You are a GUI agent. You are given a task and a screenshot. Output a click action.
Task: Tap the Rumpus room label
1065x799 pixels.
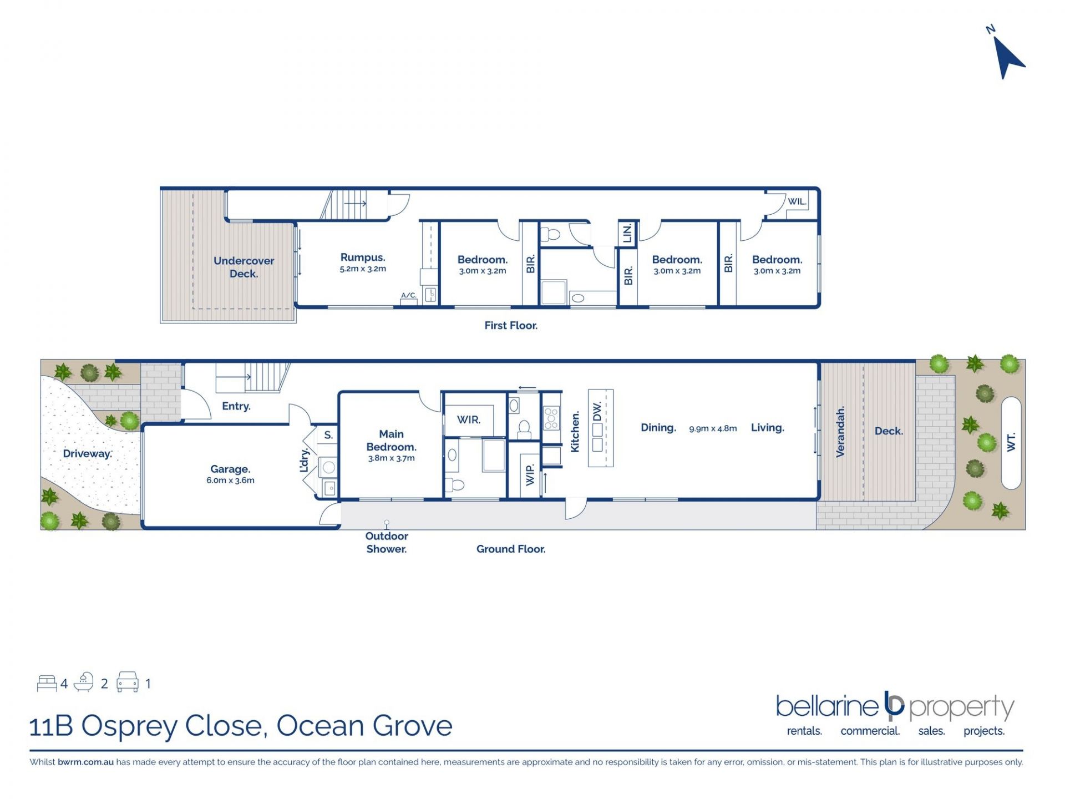(x=363, y=257)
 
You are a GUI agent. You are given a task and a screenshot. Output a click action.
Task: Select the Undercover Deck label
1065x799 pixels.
(x=244, y=267)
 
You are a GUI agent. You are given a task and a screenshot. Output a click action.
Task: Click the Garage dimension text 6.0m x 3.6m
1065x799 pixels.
(x=230, y=481)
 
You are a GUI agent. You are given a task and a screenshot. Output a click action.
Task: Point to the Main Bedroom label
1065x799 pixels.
(x=391, y=441)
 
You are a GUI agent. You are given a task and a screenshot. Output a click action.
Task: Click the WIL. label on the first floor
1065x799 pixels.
(x=797, y=201)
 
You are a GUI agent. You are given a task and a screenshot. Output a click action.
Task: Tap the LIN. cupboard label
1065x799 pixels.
(x=627, y=234)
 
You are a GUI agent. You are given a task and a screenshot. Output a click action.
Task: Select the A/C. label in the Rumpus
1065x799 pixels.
(x=409, y=295)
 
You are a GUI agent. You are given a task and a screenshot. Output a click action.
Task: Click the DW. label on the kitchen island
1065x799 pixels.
(x=597, y=412)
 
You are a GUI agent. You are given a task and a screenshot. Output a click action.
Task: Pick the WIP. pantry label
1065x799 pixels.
(x=530, y=475)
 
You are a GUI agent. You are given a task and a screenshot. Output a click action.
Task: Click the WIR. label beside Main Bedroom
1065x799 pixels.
(x=469, y=420)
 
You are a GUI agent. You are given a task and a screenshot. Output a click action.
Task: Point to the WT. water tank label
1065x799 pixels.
(x=1011, y=442)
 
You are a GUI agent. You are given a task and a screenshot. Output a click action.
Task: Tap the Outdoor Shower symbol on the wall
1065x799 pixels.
(x=387, y=523)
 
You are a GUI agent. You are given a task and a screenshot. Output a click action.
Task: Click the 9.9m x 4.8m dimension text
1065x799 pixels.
(x=713, y=428)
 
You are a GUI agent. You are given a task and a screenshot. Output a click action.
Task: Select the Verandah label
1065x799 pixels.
(x=840, y=432)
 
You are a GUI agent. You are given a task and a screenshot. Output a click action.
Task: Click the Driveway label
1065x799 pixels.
(x=87, y=454)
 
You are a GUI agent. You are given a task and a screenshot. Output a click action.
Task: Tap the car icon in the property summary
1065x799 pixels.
(x=128, y=682)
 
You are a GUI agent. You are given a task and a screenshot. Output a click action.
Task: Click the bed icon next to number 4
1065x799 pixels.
(x=47, y=683)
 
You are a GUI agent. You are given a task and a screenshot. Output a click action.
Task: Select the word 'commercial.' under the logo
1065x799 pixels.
(x=870, y=731)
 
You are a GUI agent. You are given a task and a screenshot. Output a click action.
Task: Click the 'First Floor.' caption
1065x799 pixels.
(x=511, y=326)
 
